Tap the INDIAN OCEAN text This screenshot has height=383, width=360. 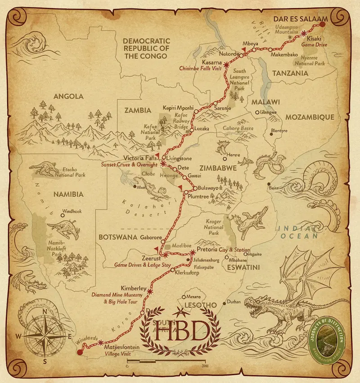pyautogui.click(x=297, y=232)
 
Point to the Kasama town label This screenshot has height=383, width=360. pyautogui.click(x=212, y=62)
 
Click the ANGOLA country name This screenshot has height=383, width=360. pyautogui.click(x=68, y=96)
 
